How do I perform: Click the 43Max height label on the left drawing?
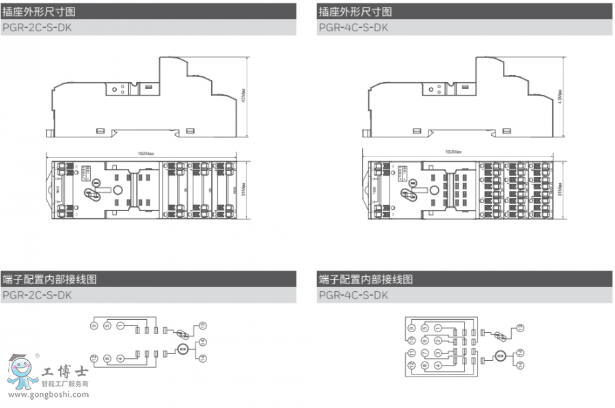point(243,96)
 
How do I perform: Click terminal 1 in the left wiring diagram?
point(120,326)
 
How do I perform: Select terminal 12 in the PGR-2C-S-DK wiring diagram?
point(94,358)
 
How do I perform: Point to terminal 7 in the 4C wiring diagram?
point(424,353)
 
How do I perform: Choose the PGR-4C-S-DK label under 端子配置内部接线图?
point(353,295)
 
